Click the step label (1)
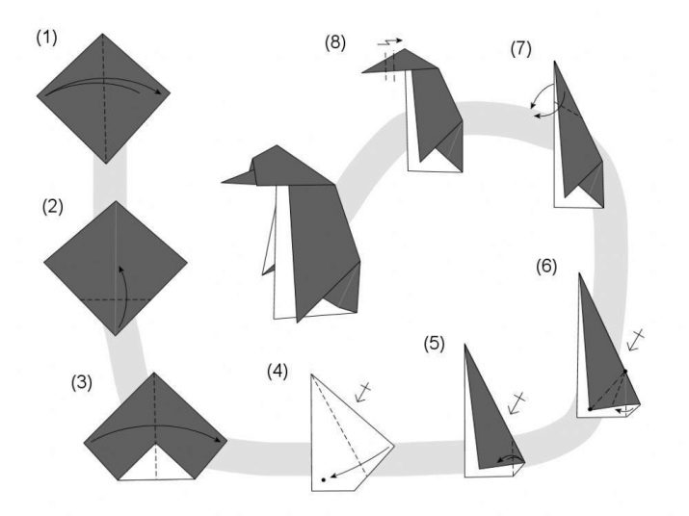coord(47,39)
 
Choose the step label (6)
coord(546,265)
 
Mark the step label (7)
coord(520,48)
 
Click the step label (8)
coord(337,41)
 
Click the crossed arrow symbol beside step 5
coord(518,402)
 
